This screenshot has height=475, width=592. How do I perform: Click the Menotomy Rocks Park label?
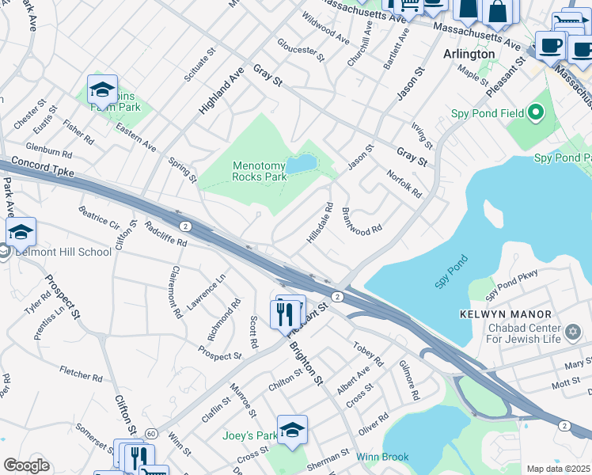tap(260, 171)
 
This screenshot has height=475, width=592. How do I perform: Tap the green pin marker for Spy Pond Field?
tap(537, 113)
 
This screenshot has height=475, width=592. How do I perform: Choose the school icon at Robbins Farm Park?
tap(102, 90)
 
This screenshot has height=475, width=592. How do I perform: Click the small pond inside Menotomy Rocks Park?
tap(301, 165)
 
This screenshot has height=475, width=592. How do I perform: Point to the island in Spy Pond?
tap(492, 214)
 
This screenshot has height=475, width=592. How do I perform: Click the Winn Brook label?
tap(381, 457)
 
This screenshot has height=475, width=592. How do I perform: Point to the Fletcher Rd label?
tap(81, 373)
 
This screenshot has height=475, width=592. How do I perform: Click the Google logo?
tap(26, 465)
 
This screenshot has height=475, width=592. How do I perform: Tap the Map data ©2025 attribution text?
tap(558, 469)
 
